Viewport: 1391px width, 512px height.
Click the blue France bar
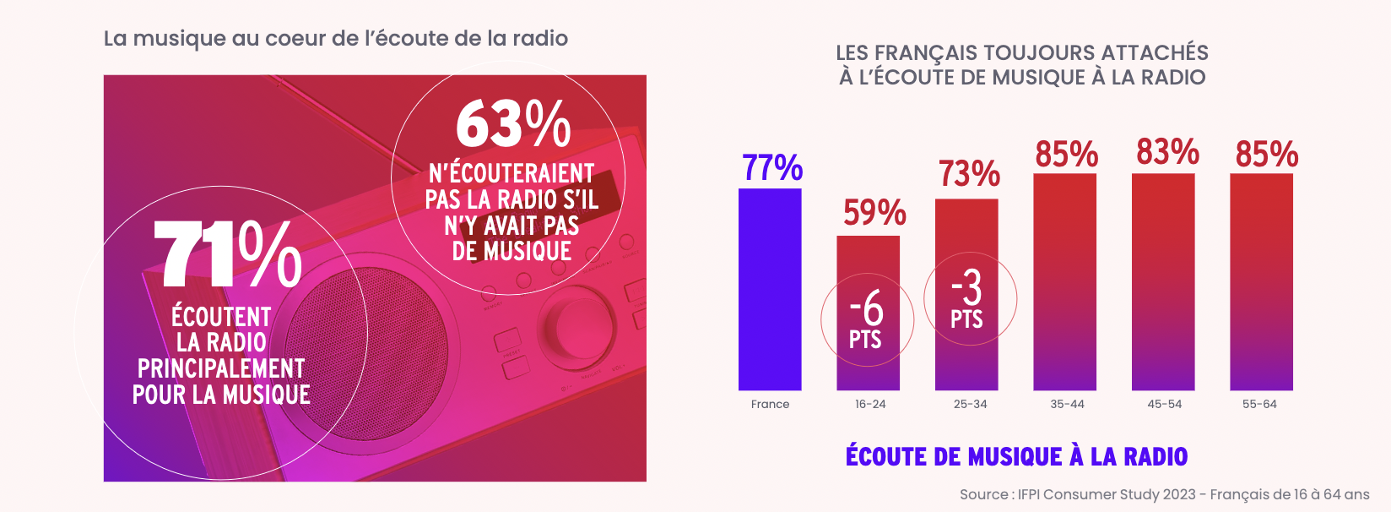coord(770,289)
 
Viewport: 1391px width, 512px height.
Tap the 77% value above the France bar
coord(772,167)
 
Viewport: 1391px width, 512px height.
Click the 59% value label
coord(874,213)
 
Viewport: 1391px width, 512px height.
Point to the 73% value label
coord(969,174)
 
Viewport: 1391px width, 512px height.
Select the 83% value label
coord(1167,153)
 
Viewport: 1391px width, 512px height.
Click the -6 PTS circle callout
coord(867,319)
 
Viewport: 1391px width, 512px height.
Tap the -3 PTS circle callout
coord(969,299)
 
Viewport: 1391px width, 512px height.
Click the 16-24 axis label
coord(870,404)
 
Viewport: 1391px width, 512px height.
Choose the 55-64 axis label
coord(1259,404)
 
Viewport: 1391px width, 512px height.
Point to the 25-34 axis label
coord(970,404)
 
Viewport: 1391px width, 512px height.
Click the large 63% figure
coord(513,125)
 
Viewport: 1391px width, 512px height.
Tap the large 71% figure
coord(228,253)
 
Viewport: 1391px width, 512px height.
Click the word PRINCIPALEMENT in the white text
coord(221,368)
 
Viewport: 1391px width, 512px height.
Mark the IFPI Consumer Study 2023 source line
coord(1164,494)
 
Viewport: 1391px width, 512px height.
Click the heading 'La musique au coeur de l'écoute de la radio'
coord(335,38)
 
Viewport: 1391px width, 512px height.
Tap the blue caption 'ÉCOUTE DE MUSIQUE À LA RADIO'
coord(1016,456)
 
